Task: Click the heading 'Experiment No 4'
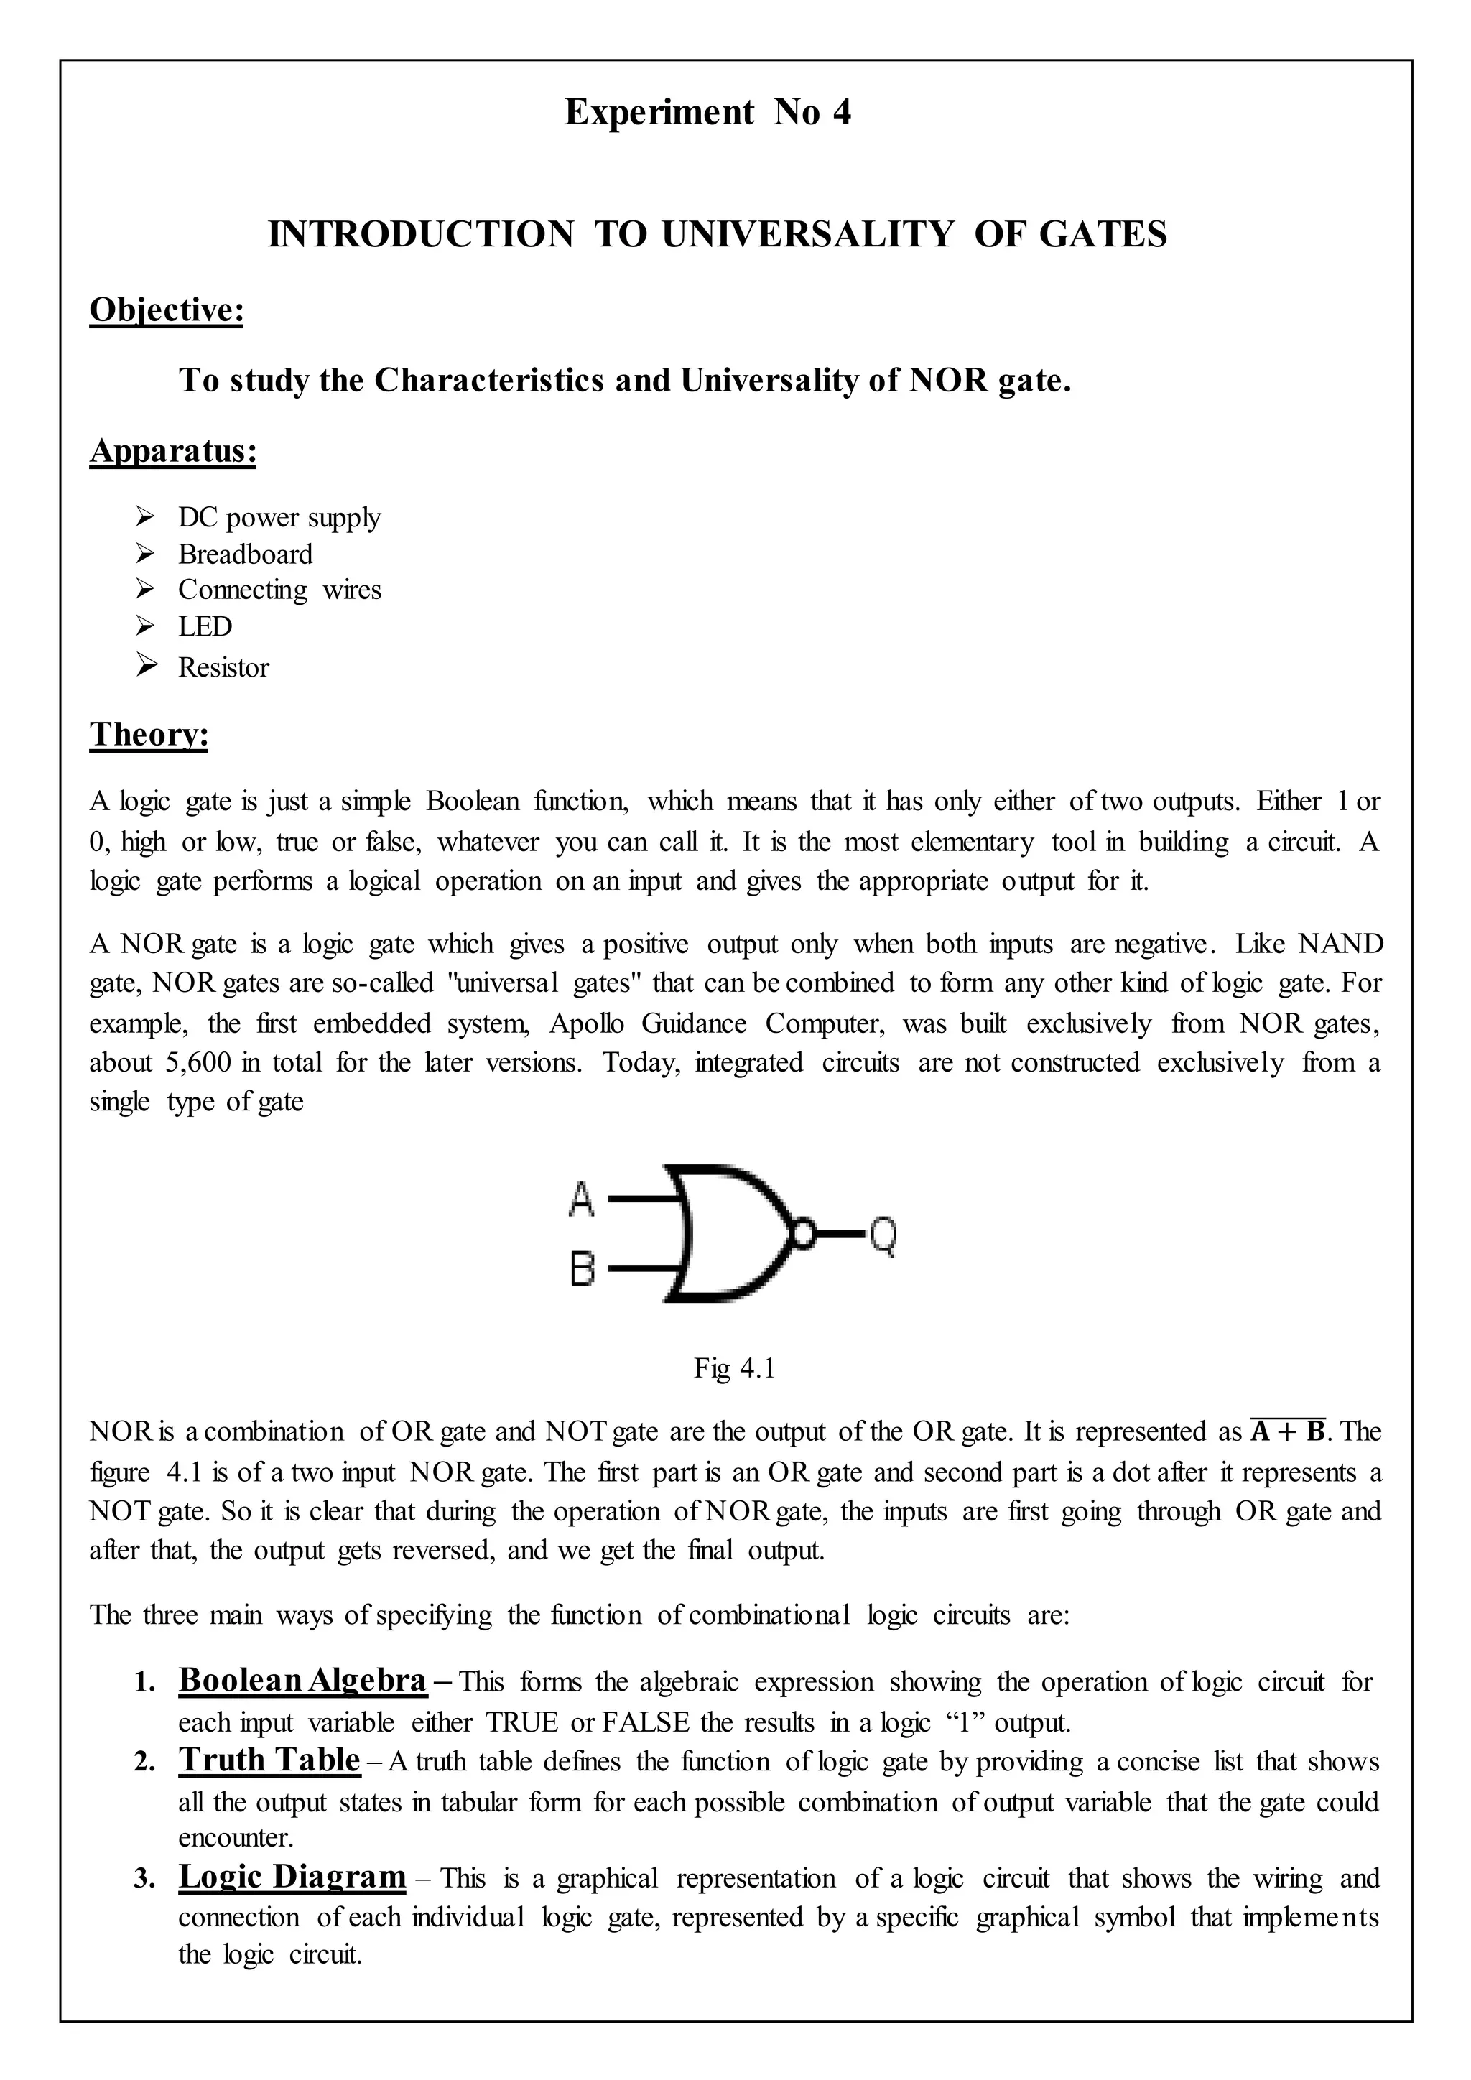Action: [707, 112]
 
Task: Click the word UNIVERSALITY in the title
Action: [807, 235]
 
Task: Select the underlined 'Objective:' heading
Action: [167, 310]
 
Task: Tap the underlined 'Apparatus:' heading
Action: [173, 450]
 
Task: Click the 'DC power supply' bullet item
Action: [279, 517]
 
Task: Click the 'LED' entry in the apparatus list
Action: [205, 626]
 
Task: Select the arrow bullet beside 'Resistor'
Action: [146, 667]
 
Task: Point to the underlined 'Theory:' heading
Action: [149, 734]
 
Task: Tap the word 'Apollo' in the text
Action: [587, 1023]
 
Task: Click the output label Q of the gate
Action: [883, 1235]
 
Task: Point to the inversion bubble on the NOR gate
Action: [802, 1233]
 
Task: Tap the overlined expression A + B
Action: [1287, 1432]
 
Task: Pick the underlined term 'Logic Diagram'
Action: [292, 1876]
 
